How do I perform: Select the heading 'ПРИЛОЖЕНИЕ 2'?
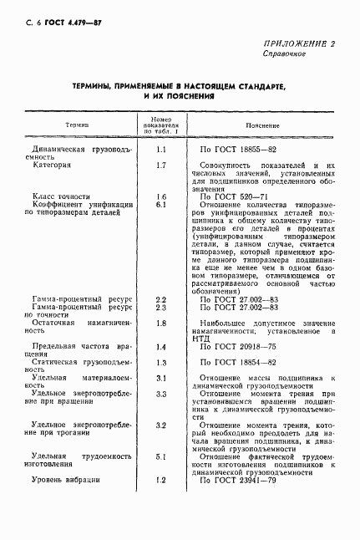tap(299, 43)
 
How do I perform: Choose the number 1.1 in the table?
tap(161, 149)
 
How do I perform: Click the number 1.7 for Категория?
tap(161, 166)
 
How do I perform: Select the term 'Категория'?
tap(53, 166)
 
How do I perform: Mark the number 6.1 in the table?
tap(161, 204)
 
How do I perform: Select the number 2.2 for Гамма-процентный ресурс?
tap(161, 298)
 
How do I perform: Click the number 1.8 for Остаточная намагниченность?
tap(161, 322)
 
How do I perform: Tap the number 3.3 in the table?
tap(161, 393)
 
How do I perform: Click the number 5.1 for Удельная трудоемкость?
tap(161, 456)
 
